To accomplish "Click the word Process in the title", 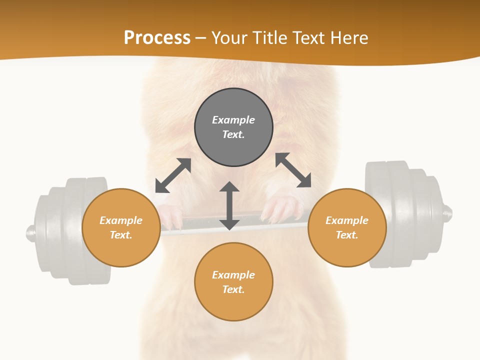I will tap(157, 37).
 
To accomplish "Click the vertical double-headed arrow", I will tap(229, 205).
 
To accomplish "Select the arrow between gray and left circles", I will tap(173, 175).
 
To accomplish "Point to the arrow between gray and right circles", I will tap(293, 170).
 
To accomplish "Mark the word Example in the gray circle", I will tap(233, 120).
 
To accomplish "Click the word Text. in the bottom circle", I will tap(233, 289).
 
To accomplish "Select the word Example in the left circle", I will tap(121, 220).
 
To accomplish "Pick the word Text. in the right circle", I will tap(347, 235).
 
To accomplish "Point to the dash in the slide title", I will tap(201, 38).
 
